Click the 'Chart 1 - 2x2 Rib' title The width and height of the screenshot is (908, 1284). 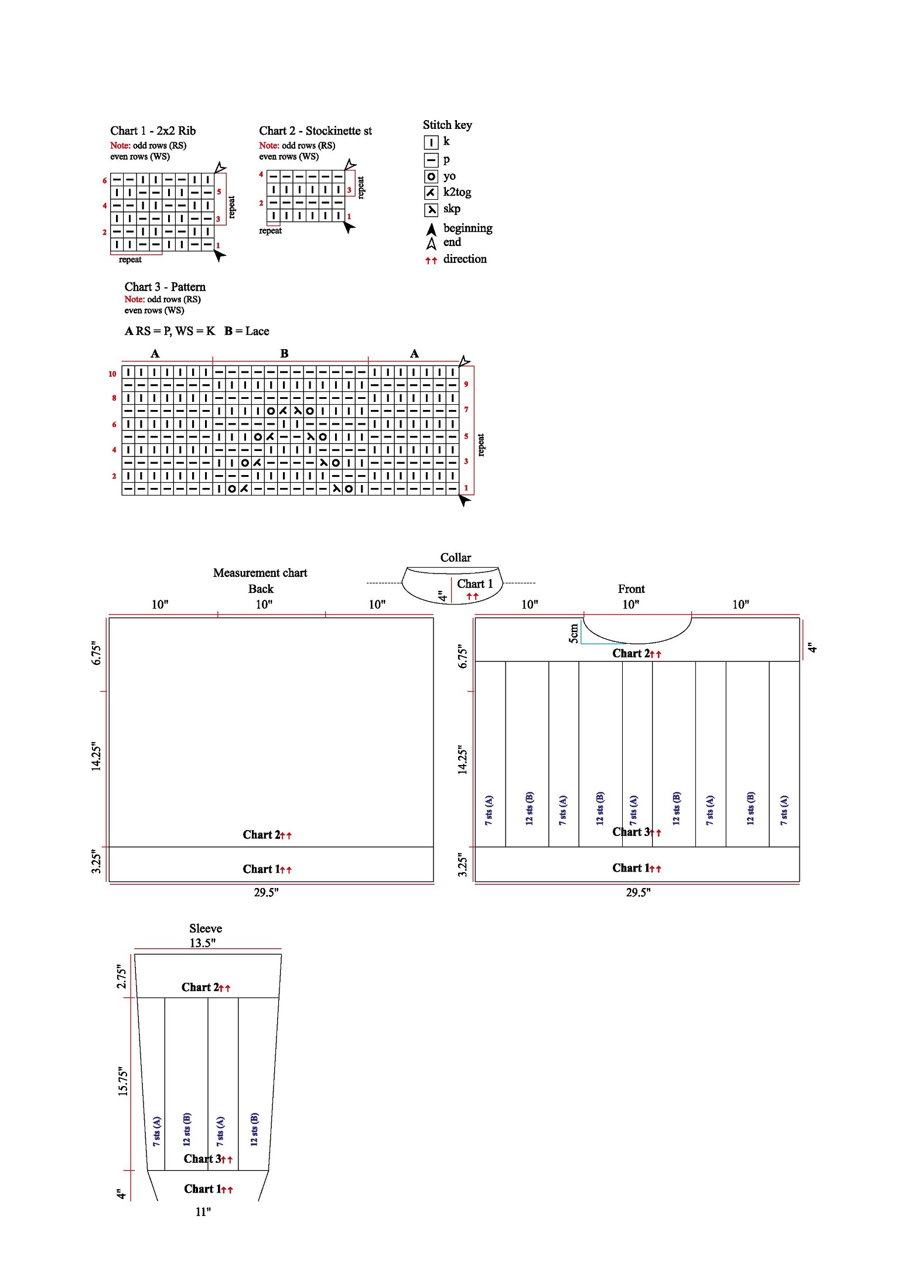[153, 131]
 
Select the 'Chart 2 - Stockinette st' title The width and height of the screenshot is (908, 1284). [315, 131]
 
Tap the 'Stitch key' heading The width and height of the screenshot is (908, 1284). [447, 125]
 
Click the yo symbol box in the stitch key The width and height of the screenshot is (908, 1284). [431, 176]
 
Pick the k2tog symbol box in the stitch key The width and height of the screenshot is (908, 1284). [431, 193]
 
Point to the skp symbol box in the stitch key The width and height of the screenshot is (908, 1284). [431, 210]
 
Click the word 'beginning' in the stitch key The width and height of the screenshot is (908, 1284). [467, 228]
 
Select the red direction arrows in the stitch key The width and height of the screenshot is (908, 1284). [431, 260]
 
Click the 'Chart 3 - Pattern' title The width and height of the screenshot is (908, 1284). [165, 286]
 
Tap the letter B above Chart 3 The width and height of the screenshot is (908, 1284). [284, 353]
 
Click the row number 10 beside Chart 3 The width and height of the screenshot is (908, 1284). [112, 374]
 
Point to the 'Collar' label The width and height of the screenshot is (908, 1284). [455, 558]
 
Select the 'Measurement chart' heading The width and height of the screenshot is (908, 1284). [260, 573]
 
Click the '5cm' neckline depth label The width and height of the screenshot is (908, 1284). [574, 633]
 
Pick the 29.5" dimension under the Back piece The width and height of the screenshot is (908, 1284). [266, 892]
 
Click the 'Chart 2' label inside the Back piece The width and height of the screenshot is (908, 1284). [261, 835]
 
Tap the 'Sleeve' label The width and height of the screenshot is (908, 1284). [206, 928]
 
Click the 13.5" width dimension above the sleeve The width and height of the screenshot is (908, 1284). [202, 943]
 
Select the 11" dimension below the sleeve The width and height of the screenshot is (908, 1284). [203, 1212]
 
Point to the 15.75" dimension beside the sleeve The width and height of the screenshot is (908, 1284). [122, 1081]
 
